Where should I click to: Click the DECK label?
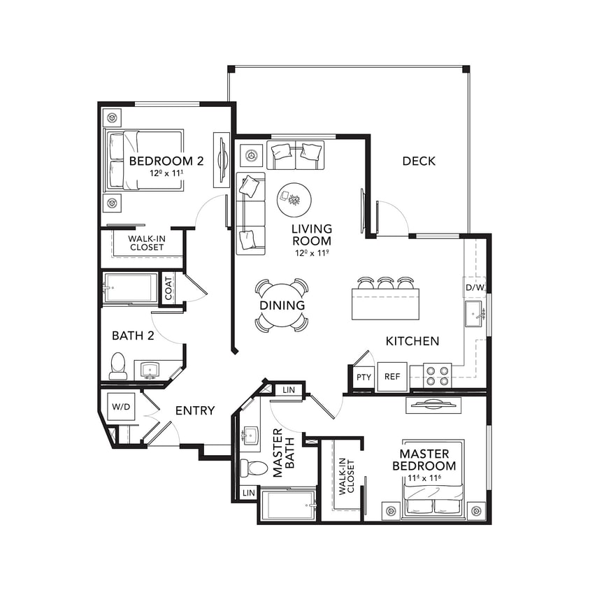(419, 161)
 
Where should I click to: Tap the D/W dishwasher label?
(474, 287)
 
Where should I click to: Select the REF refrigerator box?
(392, 376)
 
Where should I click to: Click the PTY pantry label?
(364, 377)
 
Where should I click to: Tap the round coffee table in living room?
(295, 200)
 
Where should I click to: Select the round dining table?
(282, 305)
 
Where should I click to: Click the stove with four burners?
(437, 376)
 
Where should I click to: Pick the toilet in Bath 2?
(118, 367)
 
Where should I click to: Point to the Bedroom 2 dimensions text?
(166, 173)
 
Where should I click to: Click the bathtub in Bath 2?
(131, 287)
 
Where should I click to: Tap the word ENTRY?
(194, 410)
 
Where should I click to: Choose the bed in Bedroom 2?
(145, 159)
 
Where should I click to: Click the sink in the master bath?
(250, 436)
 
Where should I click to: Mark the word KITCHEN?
(412, 341)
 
